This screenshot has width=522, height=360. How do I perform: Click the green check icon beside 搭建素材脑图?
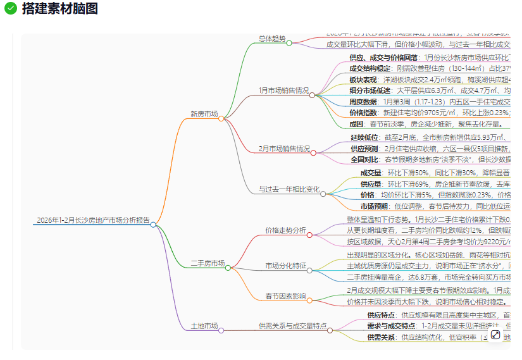tap(11, 8)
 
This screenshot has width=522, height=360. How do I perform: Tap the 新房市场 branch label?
tap(204, 115)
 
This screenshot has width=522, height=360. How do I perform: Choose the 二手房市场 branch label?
tap(208, 263)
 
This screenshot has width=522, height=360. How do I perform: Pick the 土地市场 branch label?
tap(204, 326)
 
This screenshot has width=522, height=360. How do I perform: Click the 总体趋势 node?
tap(272, 39)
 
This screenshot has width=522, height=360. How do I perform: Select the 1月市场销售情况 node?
tap(283, 90)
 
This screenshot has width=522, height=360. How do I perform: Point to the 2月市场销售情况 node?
tap(283, 149)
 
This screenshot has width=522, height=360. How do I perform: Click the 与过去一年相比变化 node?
tap(289, 189)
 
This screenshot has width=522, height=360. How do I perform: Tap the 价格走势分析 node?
tap(285, 230)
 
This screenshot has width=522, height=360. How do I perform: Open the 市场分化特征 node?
tap(285, 266)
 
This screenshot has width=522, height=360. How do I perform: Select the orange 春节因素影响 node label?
tap(285, 296)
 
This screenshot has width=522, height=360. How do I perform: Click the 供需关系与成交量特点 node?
tap(292, 326)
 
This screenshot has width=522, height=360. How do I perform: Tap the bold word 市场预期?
tap(374, 206)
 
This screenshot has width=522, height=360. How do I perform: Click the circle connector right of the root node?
tap(153, 224)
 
